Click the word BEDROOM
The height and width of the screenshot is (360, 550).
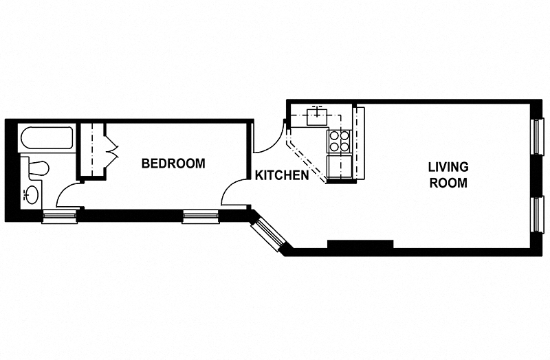(x=173, y=164)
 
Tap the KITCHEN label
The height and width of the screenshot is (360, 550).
(x=282, y=175)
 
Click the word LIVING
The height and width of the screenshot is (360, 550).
(x=448, y=166)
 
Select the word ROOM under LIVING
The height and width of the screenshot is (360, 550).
(x=448, y=183)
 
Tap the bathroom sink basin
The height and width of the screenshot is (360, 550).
(x=32, y=194)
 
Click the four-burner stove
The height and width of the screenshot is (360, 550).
(x=339, y=141)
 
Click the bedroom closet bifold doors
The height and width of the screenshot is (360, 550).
(x=110, y=148)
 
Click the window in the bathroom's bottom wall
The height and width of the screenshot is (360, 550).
(x=59, y=217)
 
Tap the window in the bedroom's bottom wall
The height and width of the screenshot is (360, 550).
(x=199, y=217)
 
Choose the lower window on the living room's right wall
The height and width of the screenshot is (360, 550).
(x=539, y=213)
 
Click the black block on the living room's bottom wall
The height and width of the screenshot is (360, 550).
(x=360, y=244)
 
